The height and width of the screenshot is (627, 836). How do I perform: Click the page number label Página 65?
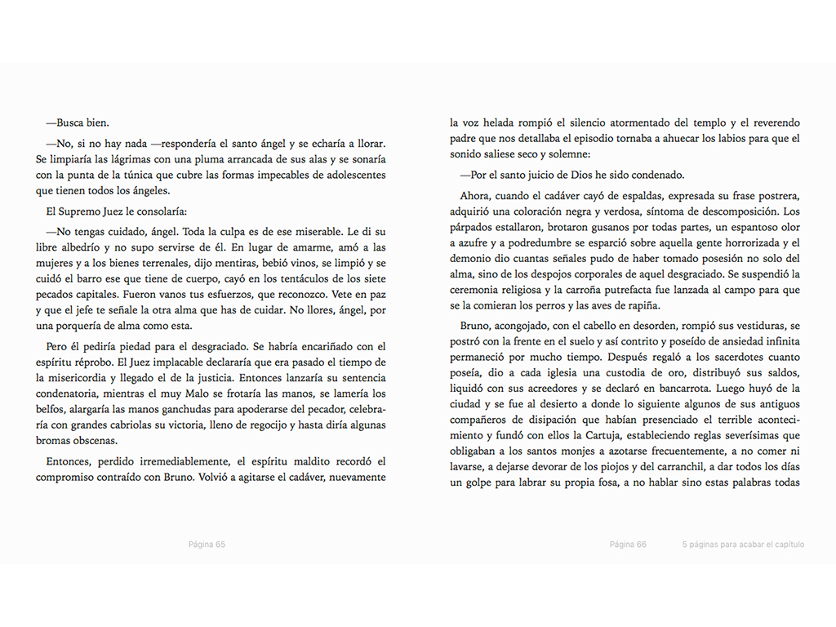click(207, 545)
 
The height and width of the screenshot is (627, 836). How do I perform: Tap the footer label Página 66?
click(628, 545)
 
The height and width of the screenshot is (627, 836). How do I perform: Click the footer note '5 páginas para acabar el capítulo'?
click(743, 545)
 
